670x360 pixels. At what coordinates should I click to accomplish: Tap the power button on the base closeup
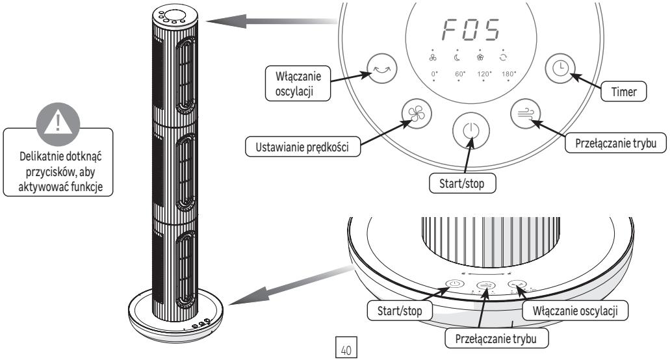click(454, 285)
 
